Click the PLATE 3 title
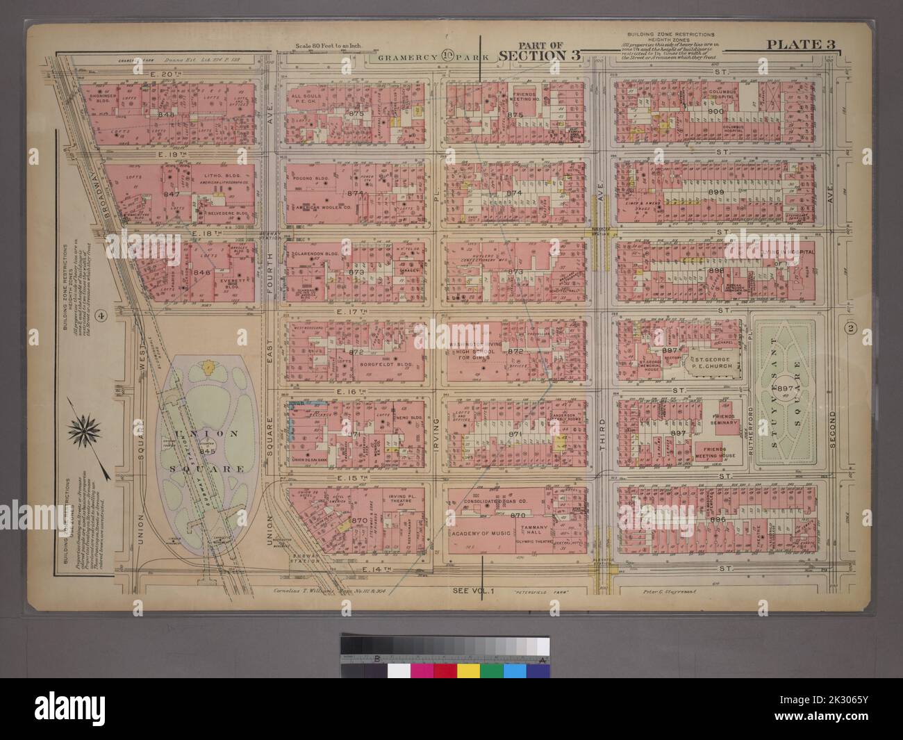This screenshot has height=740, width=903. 800,46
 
